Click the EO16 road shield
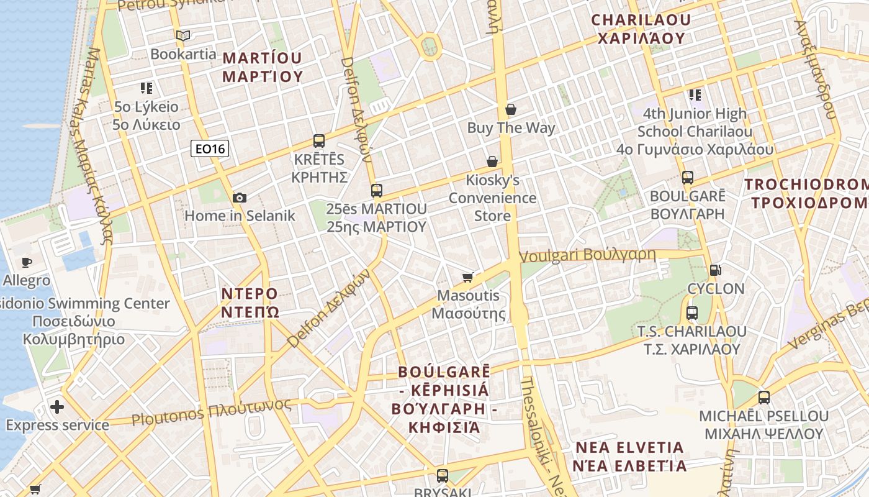(x=209, y=148)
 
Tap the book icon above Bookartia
(x=182, y=36)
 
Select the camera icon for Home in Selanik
(x=240, y=198)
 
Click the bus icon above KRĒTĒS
(x=319, y=141)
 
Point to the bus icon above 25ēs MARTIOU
(x=376, y=190)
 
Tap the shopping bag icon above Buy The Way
(x=511, y=110)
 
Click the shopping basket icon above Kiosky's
(x=492, y=162)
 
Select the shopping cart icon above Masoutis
(x=468, y=277)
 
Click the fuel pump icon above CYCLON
(x=715, y=270)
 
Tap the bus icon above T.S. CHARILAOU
(x=692, y=312)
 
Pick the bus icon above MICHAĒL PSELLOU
(x=763, y=398)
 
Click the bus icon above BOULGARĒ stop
(x=687, y=178)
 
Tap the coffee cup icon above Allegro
(x=26, y=262)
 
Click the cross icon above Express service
(x=57, y=407)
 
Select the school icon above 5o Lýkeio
(x=146, y=88)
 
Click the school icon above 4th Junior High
(x=695, y=95)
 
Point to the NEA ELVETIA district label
(x=629, y=457)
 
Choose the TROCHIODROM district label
(x=807, y=194)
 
